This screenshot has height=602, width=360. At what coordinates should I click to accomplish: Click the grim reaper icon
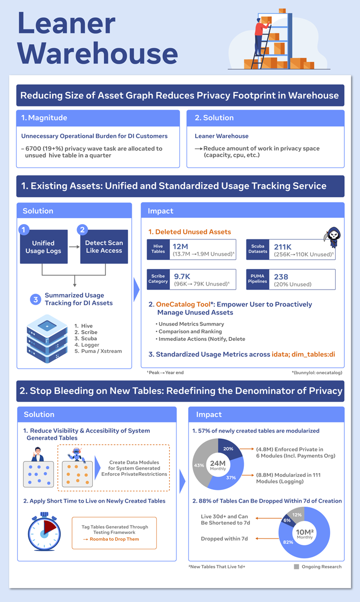(333, 237)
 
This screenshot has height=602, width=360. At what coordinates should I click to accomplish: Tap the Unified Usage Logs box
(44, 246)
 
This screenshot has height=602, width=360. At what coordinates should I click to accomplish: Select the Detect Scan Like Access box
(104, 246)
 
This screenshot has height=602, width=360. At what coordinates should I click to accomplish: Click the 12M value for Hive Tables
(181, 246)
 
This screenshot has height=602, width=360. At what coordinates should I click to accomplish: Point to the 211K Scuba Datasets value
(283, 247)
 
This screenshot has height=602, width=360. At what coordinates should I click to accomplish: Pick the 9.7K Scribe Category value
(182, 276)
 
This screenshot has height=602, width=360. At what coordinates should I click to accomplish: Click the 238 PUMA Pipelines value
(281, 277)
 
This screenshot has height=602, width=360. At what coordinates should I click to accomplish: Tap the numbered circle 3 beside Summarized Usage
(35, 299)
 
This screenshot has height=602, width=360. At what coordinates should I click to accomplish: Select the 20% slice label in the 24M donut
(228, 448)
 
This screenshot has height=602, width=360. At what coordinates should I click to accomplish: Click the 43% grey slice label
(199, 466)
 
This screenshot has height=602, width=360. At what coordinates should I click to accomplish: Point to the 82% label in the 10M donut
(288, 542)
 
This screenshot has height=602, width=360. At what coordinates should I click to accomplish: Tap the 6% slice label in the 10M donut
(287, 520)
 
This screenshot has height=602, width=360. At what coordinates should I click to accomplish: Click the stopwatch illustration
(44, 532)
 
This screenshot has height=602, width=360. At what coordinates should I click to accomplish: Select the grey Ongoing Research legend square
(296, 566)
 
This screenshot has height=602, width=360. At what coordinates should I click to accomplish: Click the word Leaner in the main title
(66, 23)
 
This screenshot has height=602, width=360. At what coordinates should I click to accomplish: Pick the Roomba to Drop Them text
(115, 539)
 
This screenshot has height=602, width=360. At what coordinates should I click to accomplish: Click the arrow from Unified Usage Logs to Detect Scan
(74, 247)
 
